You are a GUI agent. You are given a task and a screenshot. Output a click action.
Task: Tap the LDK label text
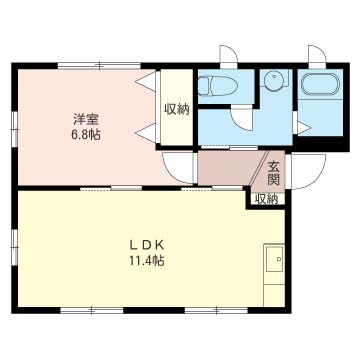click(x=147, y=246)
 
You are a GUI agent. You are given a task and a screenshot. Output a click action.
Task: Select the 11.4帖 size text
click(x=147, y=261)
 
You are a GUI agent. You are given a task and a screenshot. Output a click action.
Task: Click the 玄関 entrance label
click(x=273, y=173)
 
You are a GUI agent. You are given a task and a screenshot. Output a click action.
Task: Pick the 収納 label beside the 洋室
click(x=176, y=109)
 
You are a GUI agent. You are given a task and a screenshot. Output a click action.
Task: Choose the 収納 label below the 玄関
click(x=266, y=199)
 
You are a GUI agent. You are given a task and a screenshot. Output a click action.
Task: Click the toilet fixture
click(x=217, y=85)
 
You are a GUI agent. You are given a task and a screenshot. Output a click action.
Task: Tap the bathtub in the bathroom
click(x=320, y=83)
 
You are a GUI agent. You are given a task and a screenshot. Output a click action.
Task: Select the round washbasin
click(x=274, y=79)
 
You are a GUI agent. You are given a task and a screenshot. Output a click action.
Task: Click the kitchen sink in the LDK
click(x=274, y=259)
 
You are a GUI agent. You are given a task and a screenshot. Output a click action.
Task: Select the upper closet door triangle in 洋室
click(x=146, y=81)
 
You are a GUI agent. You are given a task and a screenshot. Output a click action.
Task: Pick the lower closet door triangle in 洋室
click(x=146, y=133)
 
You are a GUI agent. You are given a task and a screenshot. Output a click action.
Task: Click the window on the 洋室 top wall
click(x=99, y=66)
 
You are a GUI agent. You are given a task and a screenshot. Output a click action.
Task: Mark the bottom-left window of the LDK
click(x=92, y=310)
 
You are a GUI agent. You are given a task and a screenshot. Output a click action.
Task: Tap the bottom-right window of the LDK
click(x=217, y=310)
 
